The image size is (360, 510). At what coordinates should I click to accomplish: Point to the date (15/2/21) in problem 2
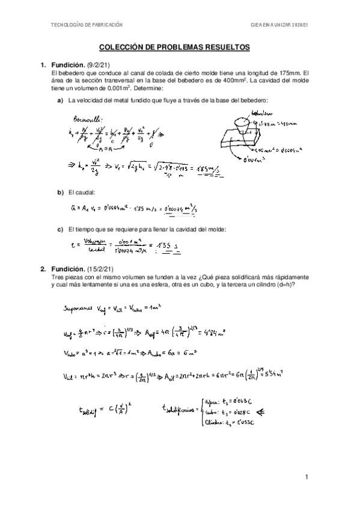[102, 269]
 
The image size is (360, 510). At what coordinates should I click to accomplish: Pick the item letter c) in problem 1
[60, 229]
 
